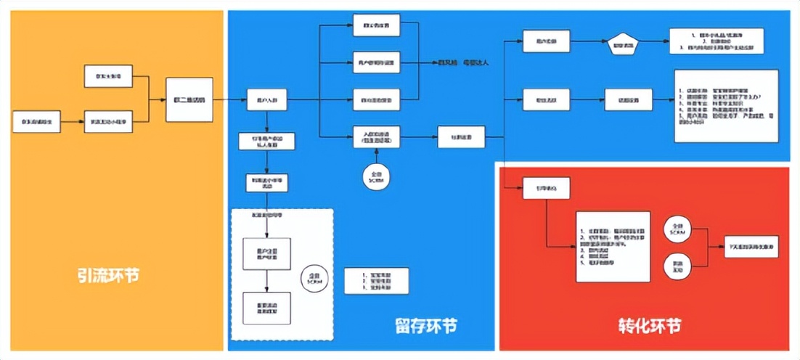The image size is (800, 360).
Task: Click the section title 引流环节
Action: (x=110, y=277)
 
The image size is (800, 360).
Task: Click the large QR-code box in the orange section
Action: (x=189, y=99)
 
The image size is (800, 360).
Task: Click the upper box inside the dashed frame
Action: (x=267, y=252)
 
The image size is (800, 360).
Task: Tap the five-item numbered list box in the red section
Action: (x=611, y=246)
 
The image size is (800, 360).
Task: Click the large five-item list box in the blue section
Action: (x=726, y=105)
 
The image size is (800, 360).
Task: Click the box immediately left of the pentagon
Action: (x=546, y=41)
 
